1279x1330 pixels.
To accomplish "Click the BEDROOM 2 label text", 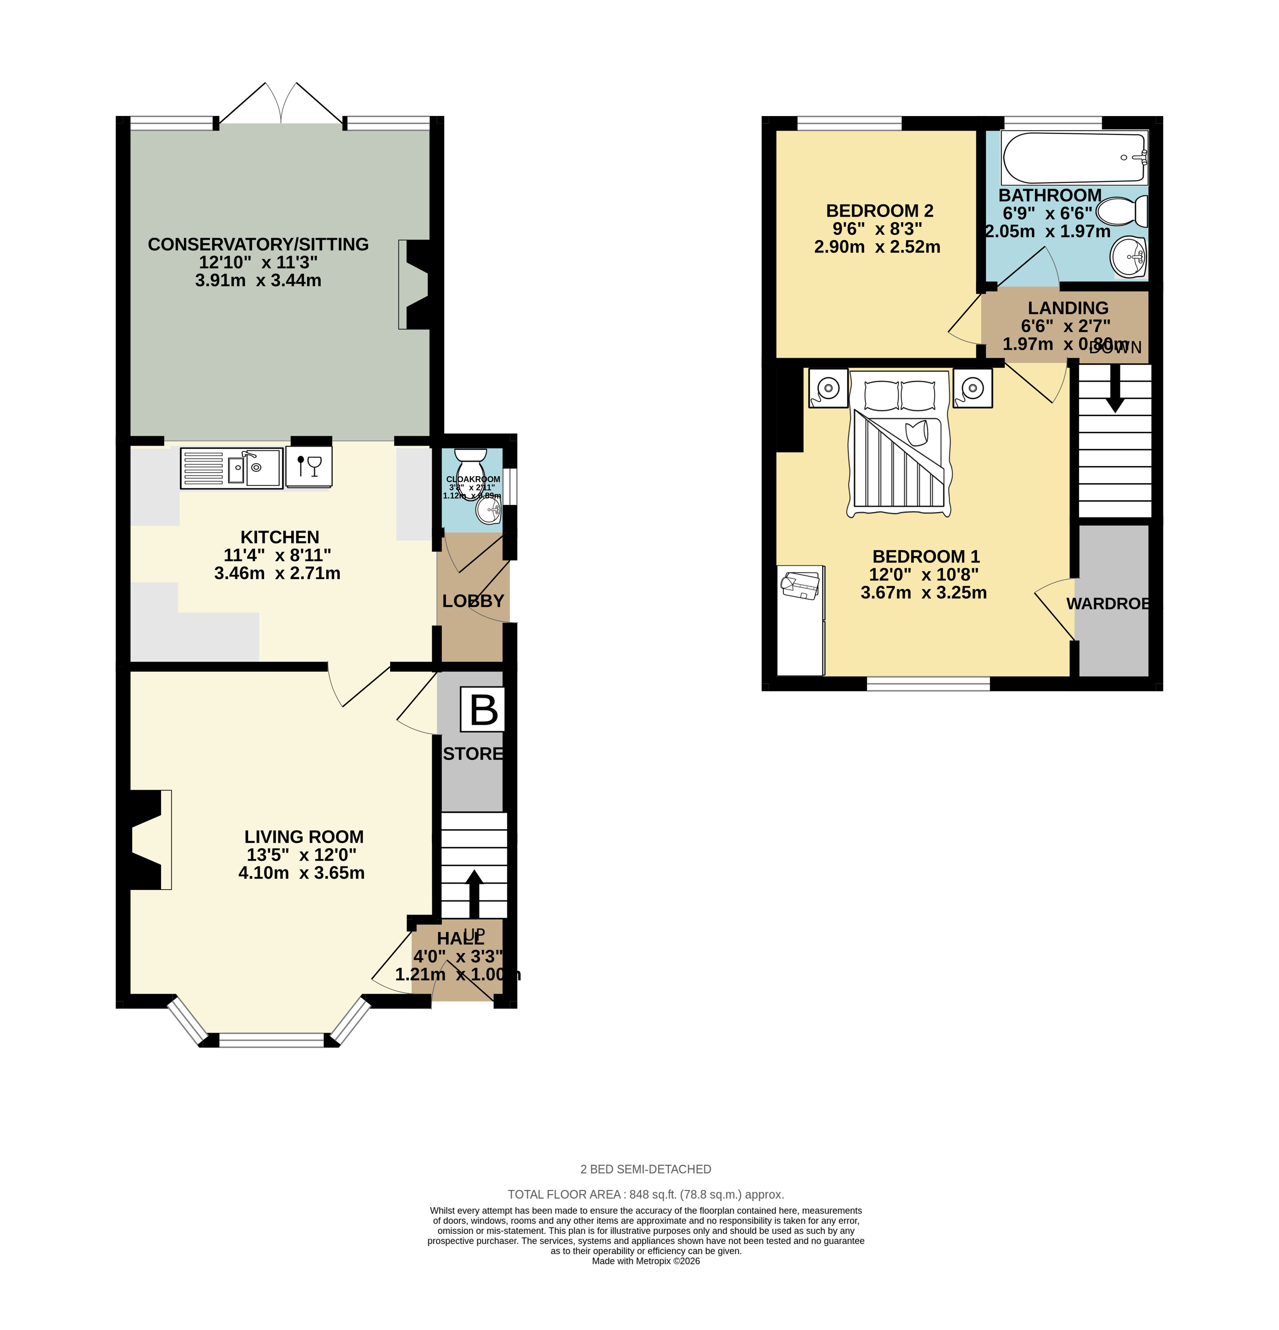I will coord(879,211).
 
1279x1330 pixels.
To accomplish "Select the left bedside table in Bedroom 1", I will coord(828,388).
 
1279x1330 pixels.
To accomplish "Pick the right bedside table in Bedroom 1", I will coord(972,388).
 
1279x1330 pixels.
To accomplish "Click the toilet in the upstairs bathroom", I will coord(1122,211).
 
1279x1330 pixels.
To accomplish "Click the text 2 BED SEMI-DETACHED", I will coord(645,1169).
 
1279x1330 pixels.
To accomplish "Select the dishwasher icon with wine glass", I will coord(309,466).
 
